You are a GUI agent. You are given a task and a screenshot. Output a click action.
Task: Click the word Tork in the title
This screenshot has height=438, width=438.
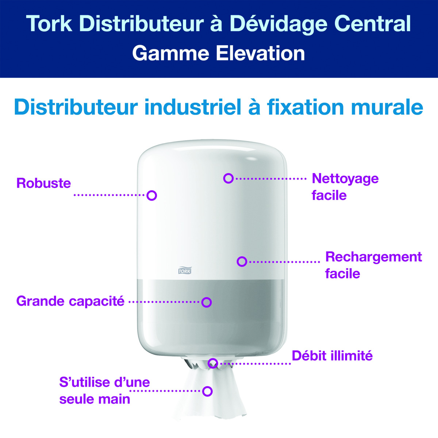[49, 24]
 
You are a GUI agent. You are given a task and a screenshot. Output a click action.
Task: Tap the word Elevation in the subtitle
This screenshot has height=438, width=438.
[260, 53]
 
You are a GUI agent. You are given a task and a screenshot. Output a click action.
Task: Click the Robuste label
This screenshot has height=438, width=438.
[43, 183]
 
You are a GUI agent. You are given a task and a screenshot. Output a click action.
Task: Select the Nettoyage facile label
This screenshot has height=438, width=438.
[345, 187]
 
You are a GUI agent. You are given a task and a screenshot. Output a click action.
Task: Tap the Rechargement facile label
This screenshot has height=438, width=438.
[373, 265]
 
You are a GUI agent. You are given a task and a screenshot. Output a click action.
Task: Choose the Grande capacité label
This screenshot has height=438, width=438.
[70, 301]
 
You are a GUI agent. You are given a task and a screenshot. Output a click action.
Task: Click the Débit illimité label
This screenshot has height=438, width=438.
[332, 356]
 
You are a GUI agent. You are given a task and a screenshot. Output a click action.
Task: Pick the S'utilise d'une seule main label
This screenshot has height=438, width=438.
[104, 391]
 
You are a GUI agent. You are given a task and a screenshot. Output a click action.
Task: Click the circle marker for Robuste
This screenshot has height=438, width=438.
[152, 195]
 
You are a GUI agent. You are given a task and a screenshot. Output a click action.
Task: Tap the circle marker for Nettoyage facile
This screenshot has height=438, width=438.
[228, 178]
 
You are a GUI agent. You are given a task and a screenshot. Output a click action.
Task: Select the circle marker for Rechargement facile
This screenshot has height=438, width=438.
[242, 261]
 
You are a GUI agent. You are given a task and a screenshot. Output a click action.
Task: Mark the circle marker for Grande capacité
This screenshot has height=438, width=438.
[207, 302]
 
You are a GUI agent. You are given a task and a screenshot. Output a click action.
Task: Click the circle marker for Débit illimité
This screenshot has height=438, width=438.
[213, 363]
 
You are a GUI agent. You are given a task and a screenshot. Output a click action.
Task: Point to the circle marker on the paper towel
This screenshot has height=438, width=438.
[208, 391]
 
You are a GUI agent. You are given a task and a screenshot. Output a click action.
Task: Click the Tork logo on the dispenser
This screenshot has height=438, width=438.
[184, 270]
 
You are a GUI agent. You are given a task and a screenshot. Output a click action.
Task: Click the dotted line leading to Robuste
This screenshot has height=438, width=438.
[109, 195]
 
